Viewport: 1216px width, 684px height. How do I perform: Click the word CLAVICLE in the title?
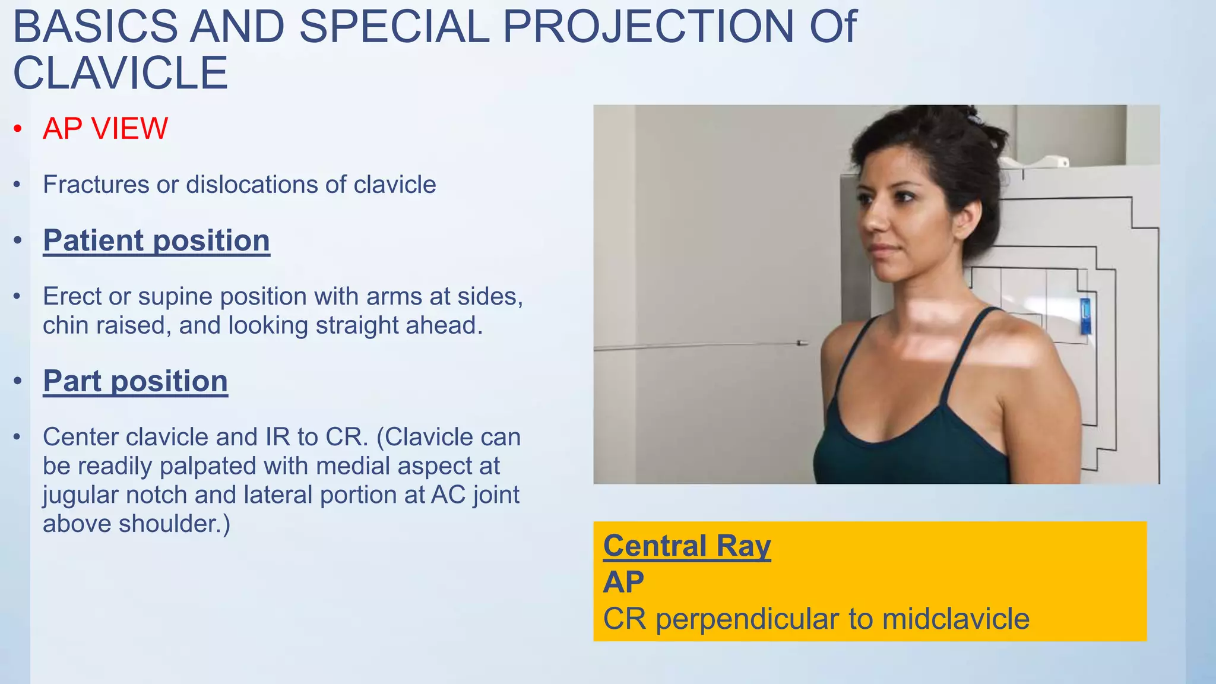[121, 74]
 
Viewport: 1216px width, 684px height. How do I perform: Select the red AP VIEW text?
[106, 128]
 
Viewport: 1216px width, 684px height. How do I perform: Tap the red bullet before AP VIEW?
[18, 129]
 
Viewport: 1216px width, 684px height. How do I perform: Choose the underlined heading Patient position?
[156, 240]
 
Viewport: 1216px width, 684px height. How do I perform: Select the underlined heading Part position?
[135, 381]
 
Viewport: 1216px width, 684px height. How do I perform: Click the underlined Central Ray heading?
[687, 546]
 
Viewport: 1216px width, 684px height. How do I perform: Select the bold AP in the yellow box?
[623, 582]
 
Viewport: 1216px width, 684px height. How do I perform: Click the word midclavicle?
[955, 619]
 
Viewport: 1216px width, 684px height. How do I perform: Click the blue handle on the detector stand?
[1085, 316]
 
